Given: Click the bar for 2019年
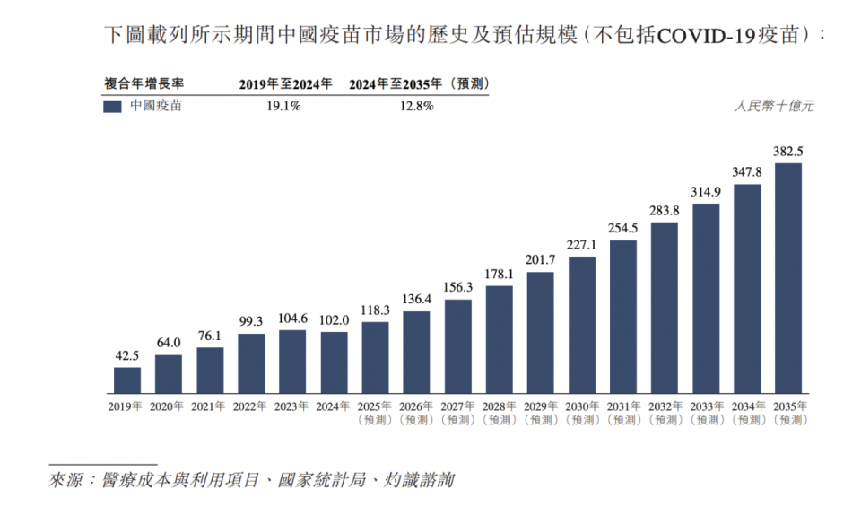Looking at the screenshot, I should pos(126,380).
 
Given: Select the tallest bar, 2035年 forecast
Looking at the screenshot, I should pos(787,278).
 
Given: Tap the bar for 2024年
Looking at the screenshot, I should pos(334,363).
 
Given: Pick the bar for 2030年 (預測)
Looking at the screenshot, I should pos(581,325).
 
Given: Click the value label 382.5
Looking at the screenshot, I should pos(787,151).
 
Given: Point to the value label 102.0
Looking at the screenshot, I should pos(334,320).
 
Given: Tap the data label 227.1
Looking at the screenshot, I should pos(581,244).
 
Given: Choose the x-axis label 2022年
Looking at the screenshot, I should pos(251,406).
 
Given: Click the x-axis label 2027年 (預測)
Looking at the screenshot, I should pos(457,413).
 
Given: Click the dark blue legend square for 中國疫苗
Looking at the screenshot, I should pos(113,106).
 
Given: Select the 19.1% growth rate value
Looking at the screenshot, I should pos(282,106).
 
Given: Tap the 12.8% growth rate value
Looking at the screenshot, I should pos(415,106).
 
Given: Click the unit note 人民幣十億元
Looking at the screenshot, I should pos(773,106).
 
